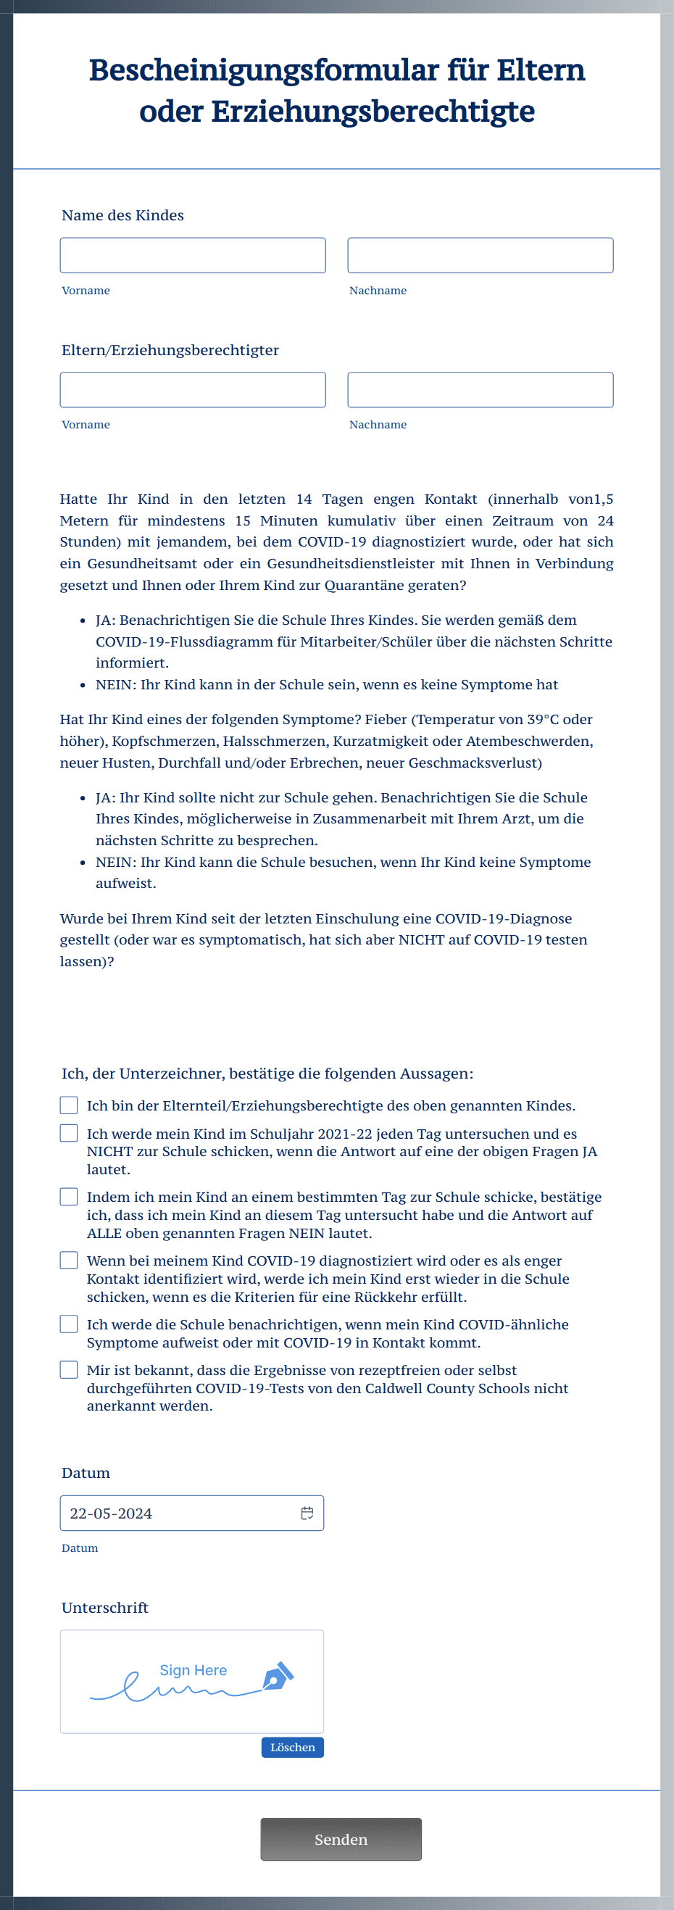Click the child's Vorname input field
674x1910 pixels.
click(192, 255)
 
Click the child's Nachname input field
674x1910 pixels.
click(480, 255)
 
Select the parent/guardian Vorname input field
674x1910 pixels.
click(192, 389)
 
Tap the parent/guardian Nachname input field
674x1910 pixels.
click(480, 389)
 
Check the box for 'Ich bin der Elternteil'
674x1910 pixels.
click(69, 1105)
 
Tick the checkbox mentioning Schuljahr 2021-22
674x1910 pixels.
click(69, 1133)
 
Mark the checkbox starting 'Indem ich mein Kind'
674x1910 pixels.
click(69, 1196)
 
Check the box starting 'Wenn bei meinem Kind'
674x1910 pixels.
click(69, 1260)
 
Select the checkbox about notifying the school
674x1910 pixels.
click(69, 1324)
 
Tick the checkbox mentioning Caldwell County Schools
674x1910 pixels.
click(69, 1369)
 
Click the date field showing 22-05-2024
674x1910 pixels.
click(178, 1513)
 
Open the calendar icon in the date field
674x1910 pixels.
click(307, 1513)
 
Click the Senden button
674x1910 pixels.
click(341, 1839)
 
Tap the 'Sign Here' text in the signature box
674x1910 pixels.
click(194, 1670)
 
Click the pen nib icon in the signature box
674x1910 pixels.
click(278, 1676)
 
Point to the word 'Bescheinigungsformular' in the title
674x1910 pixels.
click(263, 70)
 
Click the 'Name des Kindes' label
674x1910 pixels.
click(122, 215)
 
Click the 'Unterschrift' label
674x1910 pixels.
click(104, 1607)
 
